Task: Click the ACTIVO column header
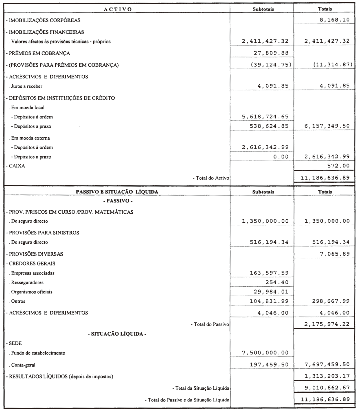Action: click(118, 9)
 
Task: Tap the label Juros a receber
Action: click(25, 86)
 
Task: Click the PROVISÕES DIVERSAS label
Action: click(35, 254)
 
